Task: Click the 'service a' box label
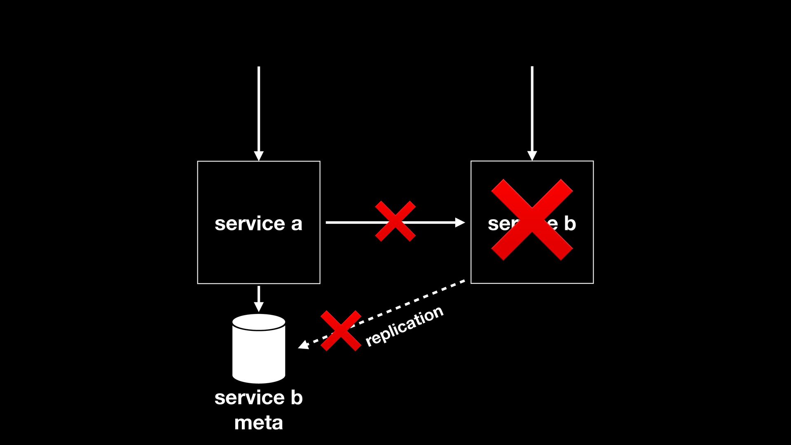coord(258,224)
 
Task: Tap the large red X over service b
coord(532,220)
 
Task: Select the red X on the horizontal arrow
coord(395,221)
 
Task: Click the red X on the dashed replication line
coord(341,331)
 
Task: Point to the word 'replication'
coord(404,326)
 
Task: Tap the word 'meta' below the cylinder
coord(258,423)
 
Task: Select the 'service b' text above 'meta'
coord(258,398)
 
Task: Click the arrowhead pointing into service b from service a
coord(460,222)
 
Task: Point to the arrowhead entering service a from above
coord(259,156)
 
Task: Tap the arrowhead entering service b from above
coord(532,155)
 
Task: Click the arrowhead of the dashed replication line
coord(303,345)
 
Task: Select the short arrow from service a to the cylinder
coord(259,299)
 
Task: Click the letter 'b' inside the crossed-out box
coord(569,223)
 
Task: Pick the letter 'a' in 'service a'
coord(297,224)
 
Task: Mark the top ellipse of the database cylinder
coord(259,322)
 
